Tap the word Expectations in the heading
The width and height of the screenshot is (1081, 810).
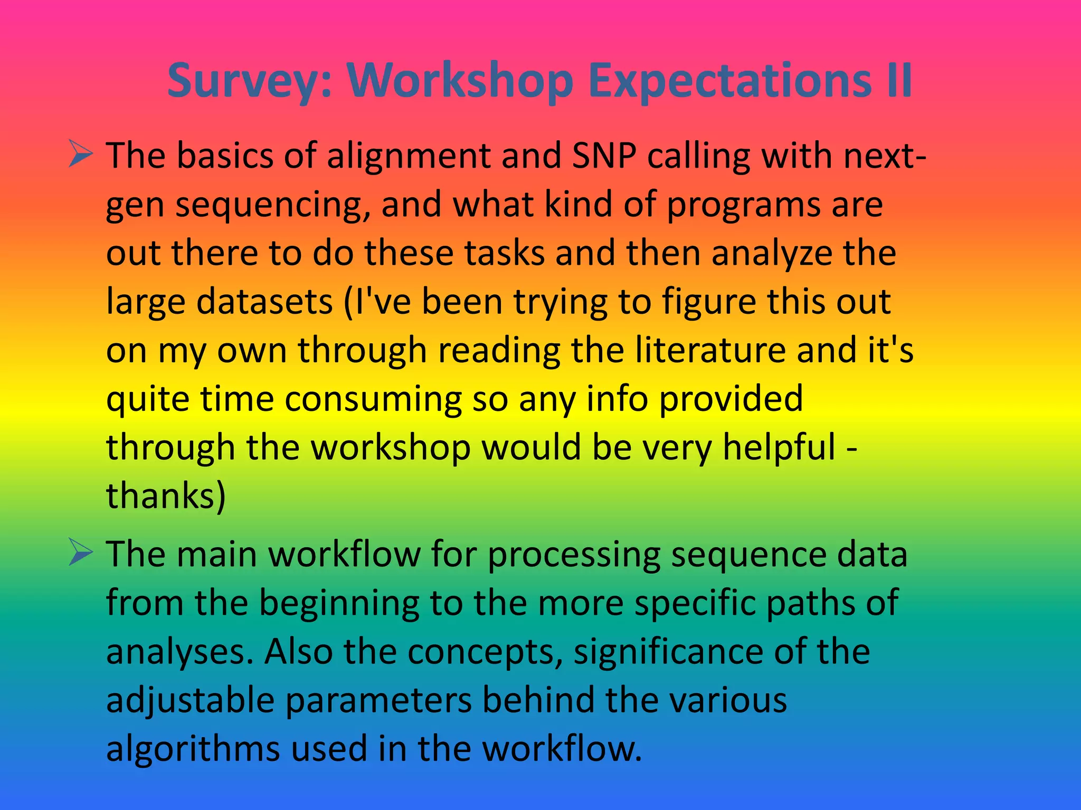729,82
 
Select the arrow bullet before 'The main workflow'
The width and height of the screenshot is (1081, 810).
81,554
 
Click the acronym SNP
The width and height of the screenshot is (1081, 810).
604,156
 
